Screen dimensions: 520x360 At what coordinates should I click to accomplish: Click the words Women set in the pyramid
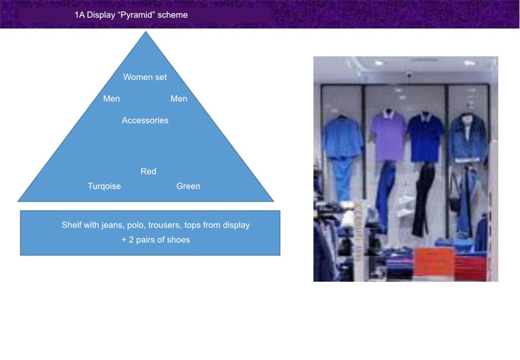coord(145,77)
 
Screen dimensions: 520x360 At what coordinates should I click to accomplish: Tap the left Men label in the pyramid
coord(111,98)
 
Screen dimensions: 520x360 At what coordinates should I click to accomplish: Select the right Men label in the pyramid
coord(179,98)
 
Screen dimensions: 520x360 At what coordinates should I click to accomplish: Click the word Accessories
coord(145,120)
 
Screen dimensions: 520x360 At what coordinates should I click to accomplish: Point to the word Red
coord(148,171)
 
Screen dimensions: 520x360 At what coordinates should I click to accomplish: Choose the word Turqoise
coord(104,186)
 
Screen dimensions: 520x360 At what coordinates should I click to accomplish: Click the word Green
coord(188,186)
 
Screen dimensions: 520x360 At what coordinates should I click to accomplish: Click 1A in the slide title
coord(80,15)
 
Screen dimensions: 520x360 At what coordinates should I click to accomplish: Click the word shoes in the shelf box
coord(179,240)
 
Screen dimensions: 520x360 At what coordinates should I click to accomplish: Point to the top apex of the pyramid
coord(146,32)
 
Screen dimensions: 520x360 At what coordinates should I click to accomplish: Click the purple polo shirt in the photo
coord(388,135)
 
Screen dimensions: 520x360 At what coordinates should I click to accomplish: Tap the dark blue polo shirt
coord(425,137)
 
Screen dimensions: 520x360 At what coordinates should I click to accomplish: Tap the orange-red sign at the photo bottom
coord(433,262)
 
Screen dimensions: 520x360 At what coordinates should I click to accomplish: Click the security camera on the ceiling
coord(409,75)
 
